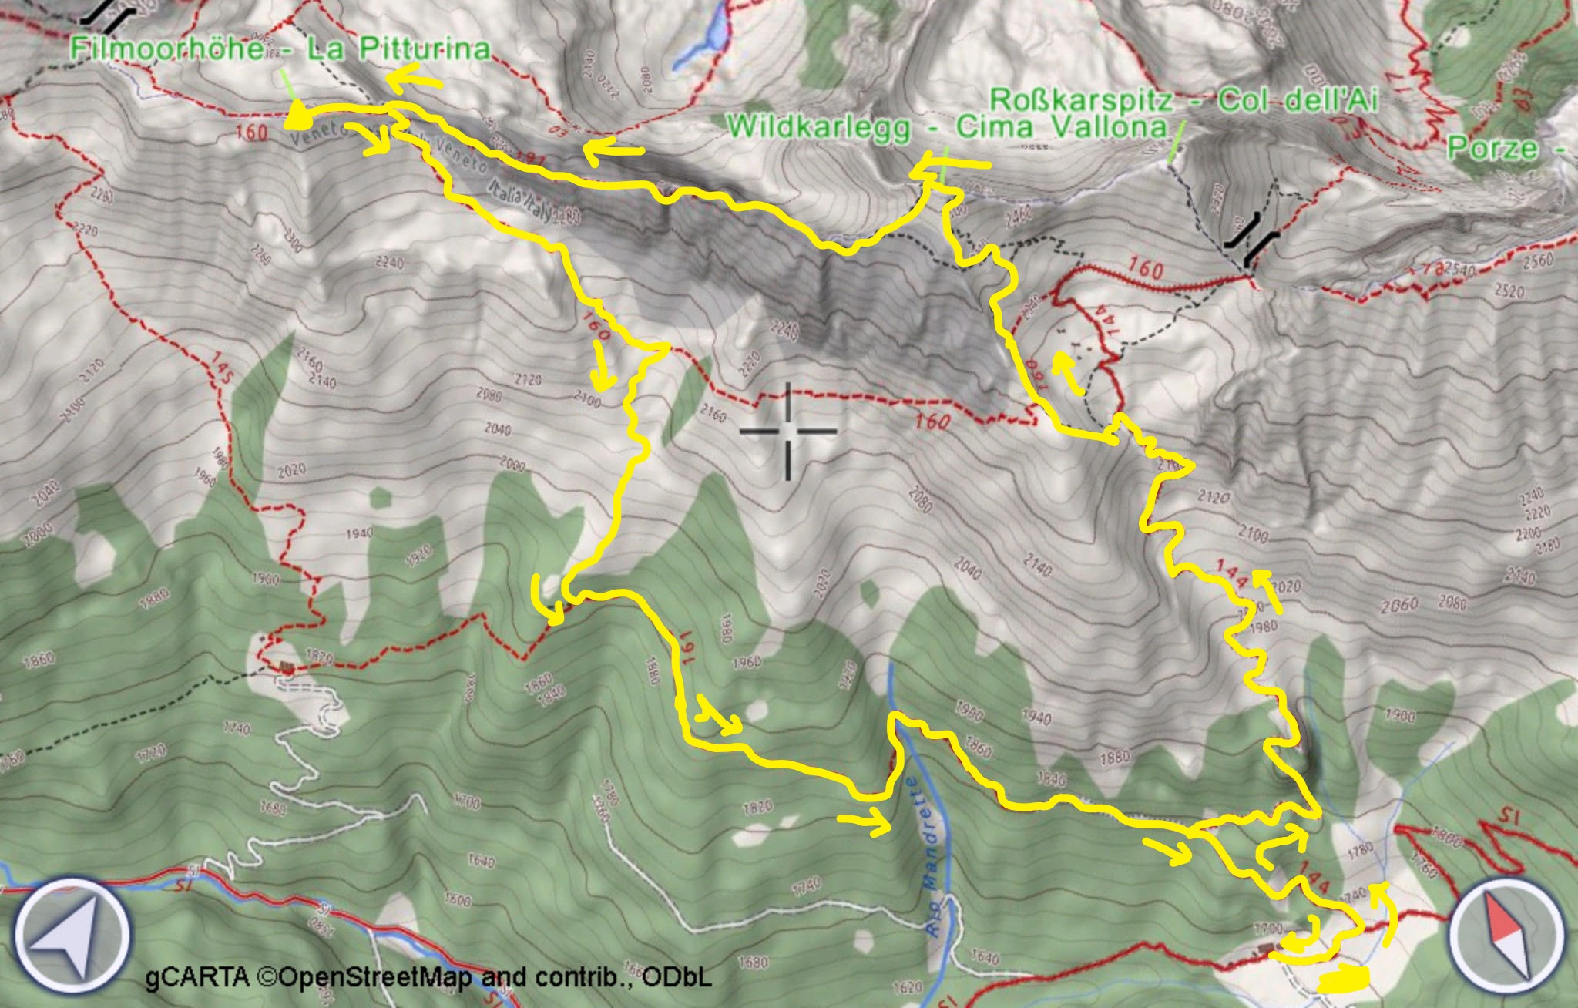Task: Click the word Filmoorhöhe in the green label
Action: point(166,49)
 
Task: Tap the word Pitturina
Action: point(416,49)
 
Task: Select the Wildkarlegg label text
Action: point(818,127)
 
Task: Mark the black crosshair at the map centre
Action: point(788,431)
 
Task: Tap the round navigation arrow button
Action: point(72,937)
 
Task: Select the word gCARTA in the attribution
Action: point(196,977)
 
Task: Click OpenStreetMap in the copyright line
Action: point(378,977)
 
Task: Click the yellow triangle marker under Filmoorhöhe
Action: point(298,118)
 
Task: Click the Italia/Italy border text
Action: point(521,199)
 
